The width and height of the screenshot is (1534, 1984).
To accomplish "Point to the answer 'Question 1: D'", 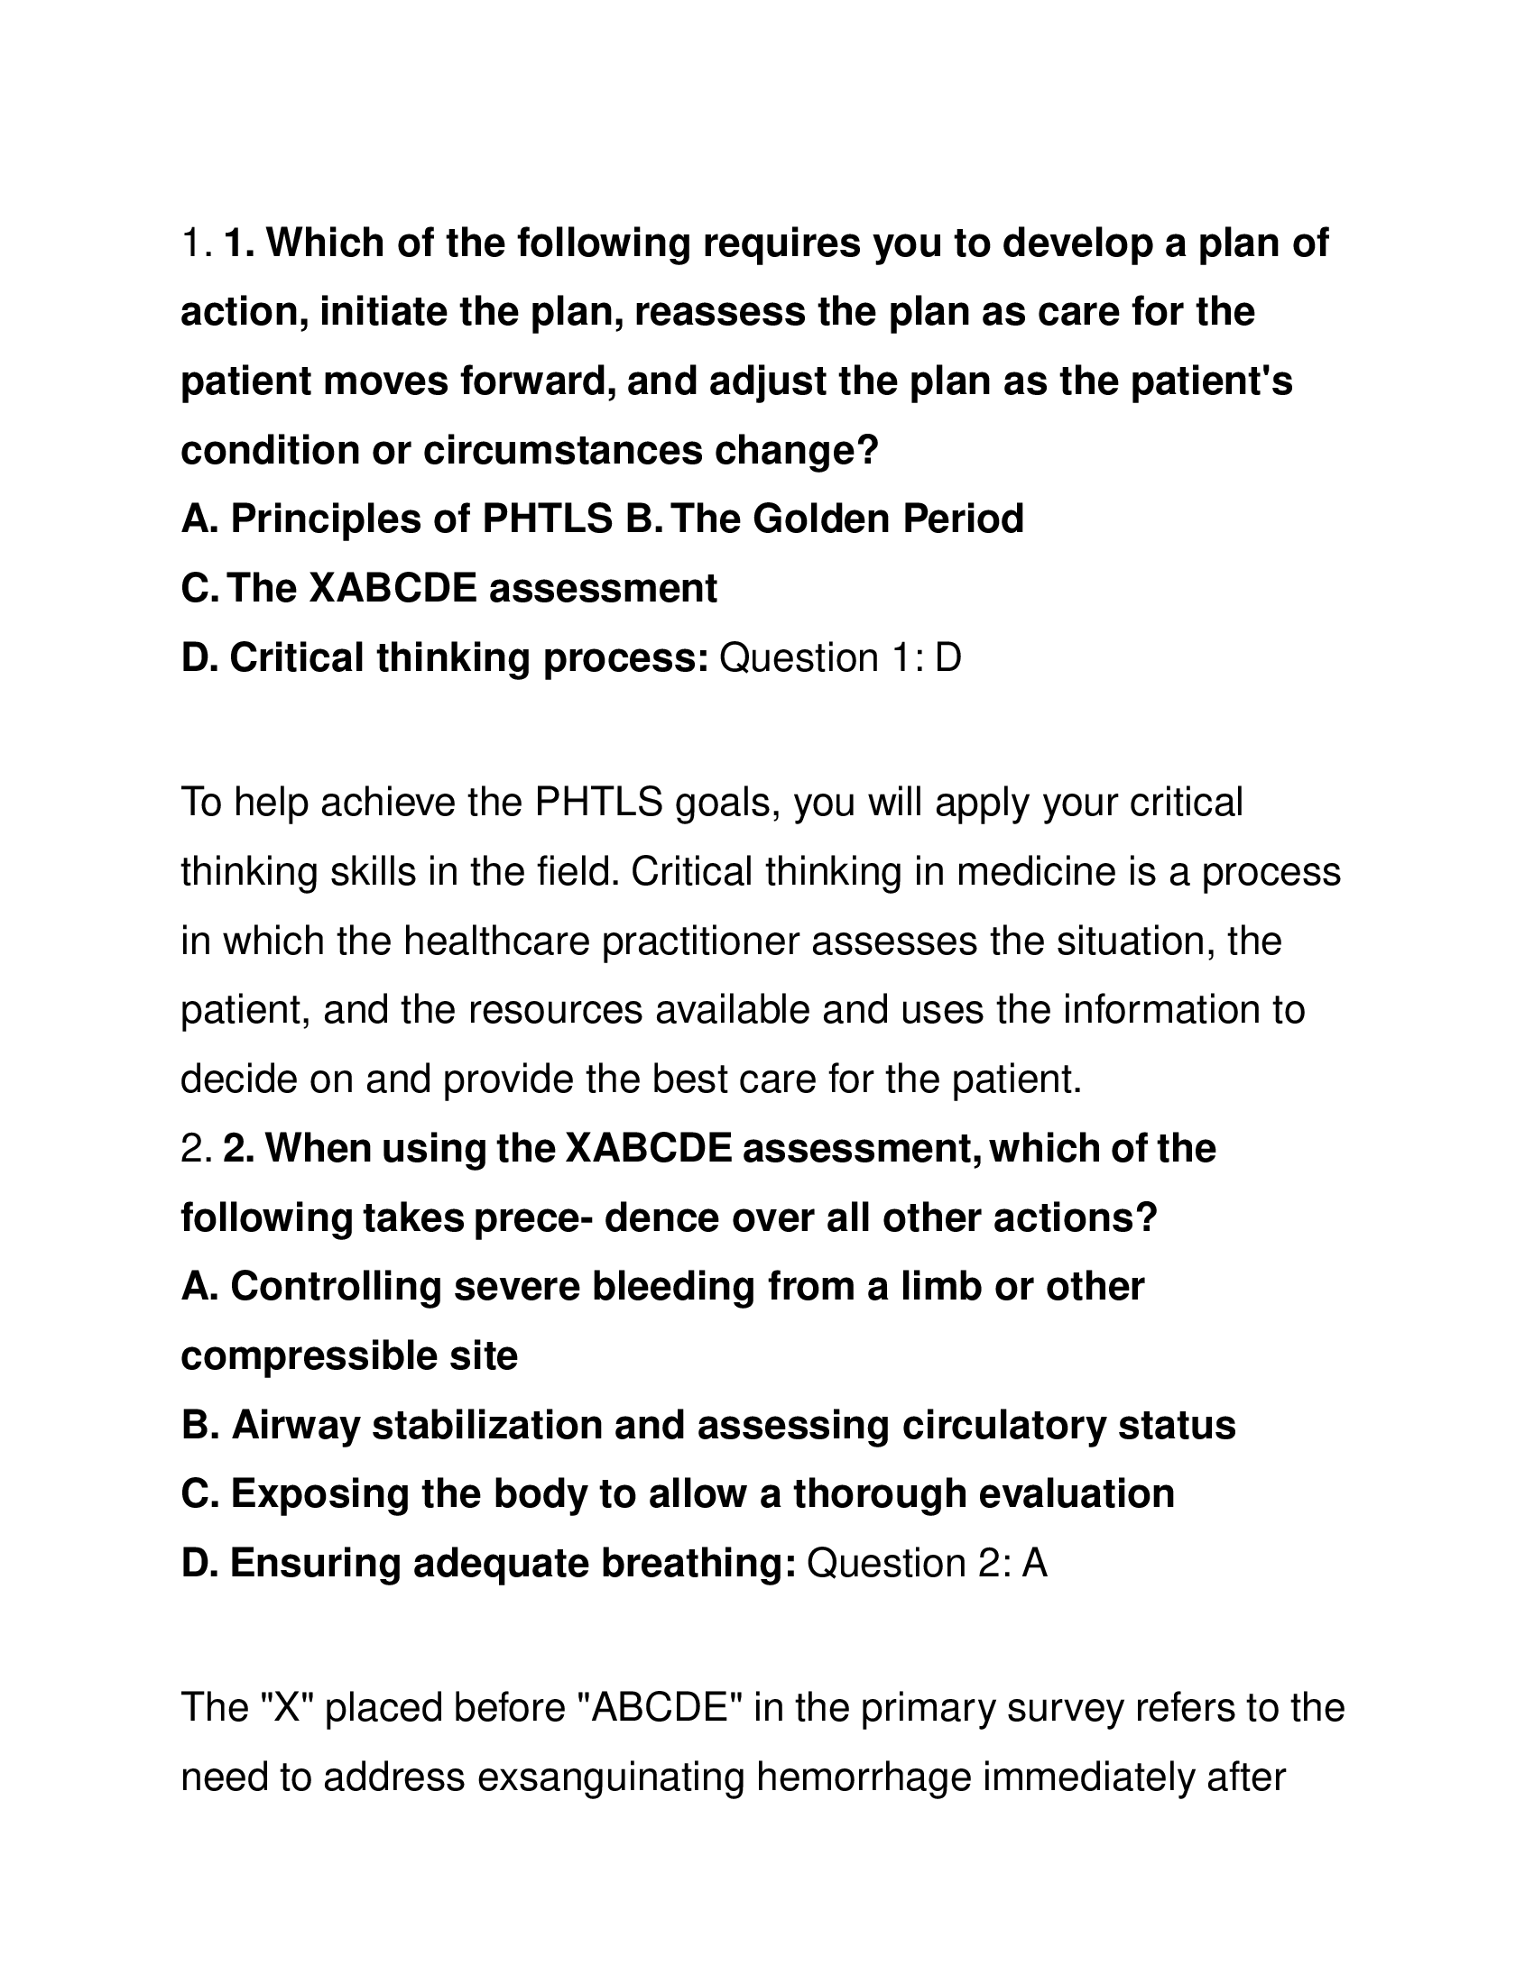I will (840, 657).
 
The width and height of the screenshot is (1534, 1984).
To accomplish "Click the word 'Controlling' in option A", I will (337, 1286).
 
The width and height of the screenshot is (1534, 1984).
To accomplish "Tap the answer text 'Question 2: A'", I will (927, 1563).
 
